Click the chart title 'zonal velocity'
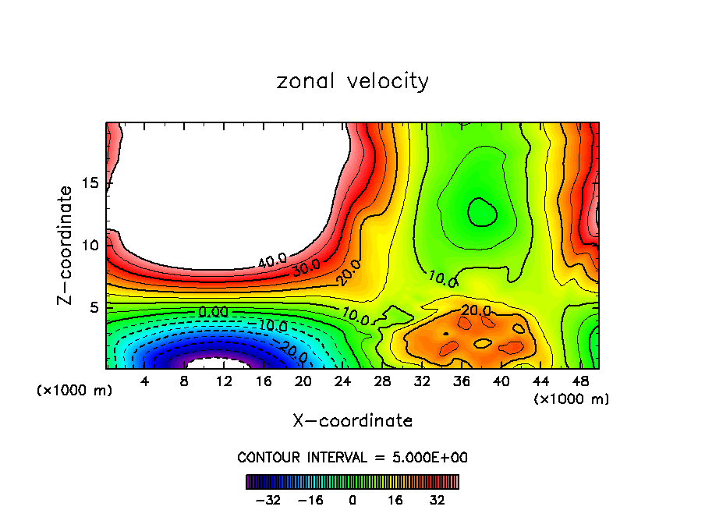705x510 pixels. pos(352,81)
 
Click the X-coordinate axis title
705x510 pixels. pos(352,421)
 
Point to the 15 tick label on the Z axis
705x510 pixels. pos(90,183)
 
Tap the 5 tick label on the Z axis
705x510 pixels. pos(94,307)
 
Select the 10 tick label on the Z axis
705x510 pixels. pos(90,246)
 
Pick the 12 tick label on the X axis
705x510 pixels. pos(224,381)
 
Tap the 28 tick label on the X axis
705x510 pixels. pos(382,381)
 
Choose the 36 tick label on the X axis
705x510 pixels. pos(462,381)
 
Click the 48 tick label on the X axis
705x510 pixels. pos(580,381)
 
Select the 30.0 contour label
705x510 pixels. pos(307,267)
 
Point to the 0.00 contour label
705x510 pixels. pos(212,312)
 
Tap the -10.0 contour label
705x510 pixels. pos(272,325)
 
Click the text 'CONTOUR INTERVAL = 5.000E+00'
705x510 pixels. pos(352,457)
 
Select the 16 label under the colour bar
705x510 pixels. pos(395,500)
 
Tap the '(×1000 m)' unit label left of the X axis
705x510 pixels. pos(74,391)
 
